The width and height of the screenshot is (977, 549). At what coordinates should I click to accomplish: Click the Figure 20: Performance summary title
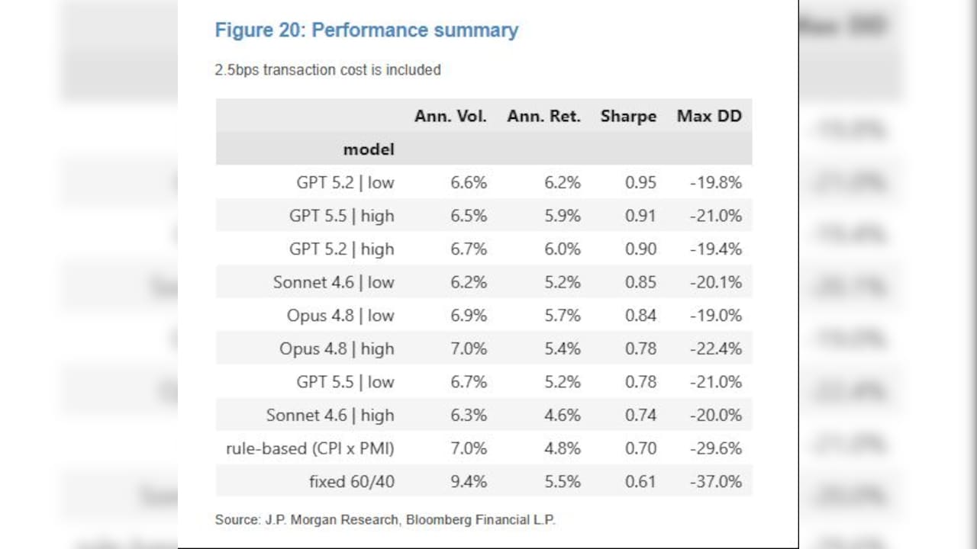367,30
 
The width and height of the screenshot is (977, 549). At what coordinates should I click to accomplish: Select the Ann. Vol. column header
450,117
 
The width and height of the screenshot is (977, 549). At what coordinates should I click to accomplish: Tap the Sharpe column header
628,117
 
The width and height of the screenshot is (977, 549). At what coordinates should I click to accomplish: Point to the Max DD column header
709,117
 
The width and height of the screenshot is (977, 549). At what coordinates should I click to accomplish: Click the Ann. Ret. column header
544,117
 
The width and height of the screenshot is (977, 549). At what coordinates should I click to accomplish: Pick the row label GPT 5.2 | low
346,182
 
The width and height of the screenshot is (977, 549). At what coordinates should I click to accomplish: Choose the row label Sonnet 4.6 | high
331,416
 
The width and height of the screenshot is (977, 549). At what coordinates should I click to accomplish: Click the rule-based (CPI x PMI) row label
310,448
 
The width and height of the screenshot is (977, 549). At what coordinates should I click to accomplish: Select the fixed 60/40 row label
352,482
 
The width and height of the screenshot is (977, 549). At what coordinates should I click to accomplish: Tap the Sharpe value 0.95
640,182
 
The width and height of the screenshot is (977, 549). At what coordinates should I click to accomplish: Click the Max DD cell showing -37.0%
716,482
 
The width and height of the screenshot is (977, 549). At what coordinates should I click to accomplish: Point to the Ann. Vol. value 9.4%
469,482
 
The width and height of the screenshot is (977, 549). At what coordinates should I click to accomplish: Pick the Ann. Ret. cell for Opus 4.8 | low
563,316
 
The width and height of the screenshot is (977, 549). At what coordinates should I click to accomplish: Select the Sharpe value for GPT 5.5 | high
640,216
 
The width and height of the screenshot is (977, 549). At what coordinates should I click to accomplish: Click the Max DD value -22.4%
716,348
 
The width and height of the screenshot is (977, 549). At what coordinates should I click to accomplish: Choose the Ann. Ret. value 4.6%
563,416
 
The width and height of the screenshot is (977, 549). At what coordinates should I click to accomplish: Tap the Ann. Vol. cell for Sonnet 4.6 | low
469,282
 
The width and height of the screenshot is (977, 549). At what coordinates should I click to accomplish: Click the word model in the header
369,150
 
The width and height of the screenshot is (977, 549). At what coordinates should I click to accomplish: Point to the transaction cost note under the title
328,70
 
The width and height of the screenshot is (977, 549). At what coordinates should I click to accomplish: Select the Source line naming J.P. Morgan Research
385,520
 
